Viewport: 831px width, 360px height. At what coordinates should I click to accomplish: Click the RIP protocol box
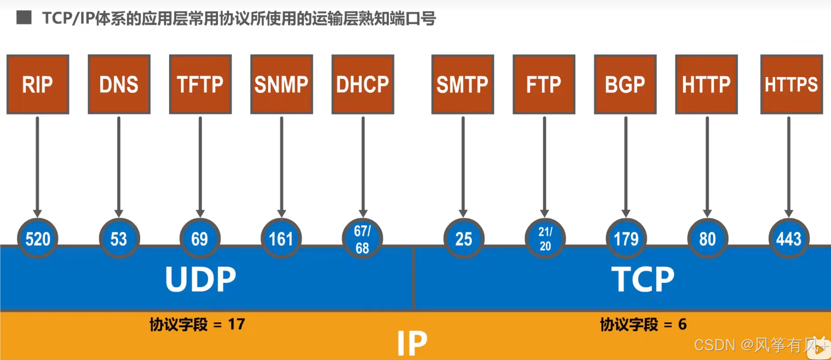click(x=38, y=84)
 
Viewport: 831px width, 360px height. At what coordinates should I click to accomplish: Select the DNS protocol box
click(x=119, y=84)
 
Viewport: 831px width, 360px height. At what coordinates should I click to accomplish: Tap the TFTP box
click(x=200, y=84)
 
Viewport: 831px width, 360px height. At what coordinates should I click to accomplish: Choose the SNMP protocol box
click(x=282, y=84)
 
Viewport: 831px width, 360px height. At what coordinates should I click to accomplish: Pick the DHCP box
click(x=363, y=84)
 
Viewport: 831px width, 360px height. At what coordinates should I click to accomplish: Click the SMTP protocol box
click(x=462, y=84)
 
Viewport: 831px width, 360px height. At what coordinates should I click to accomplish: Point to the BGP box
click(x=625, y=84)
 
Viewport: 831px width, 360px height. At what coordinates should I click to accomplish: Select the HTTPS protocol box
click(x=791, y=84)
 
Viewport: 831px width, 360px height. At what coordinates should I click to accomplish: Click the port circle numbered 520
click(x=38, y=238)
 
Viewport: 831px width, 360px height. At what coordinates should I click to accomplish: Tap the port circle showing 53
click(x=119, y=238)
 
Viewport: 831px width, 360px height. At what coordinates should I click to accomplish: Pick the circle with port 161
click(x=281, y=238)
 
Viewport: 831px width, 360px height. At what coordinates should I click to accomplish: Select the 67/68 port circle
click(x=362, y=238)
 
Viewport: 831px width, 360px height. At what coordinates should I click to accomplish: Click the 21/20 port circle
click(x=545, y=238)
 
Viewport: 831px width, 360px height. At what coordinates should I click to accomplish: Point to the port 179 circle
click(x=626, y=238)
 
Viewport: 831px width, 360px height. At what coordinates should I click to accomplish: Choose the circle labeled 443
click(x=789, y=238)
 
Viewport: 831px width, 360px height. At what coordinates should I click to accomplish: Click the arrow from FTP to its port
click(x=544, y=165)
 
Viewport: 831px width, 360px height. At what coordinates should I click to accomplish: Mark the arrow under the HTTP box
click(x=707, y=165)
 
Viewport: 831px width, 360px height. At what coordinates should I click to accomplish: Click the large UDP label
click(x=200, y=279)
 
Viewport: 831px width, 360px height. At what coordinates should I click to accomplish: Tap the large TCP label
click(x=643, y=279)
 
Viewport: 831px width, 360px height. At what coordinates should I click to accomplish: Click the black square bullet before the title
click(x=24, y=18)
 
